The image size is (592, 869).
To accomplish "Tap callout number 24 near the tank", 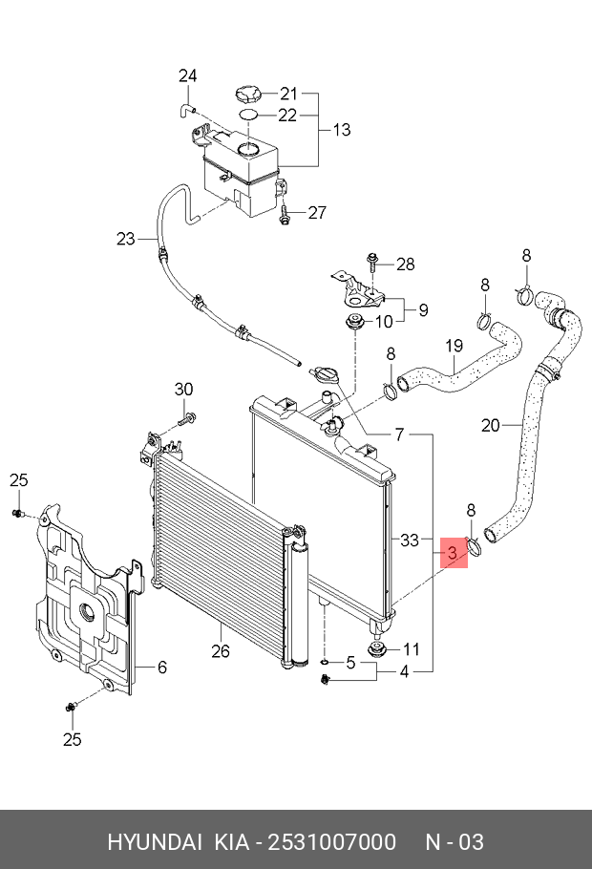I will [188, 76].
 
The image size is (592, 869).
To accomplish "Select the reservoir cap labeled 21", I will [244, 94].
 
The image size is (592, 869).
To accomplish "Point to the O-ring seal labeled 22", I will [248, 115].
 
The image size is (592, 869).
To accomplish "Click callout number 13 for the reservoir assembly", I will [341, 130].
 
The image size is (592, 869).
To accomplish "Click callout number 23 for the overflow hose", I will [127, 239].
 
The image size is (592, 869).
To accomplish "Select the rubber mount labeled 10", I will [356, 322].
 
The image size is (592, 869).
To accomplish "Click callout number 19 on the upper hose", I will [454, 345].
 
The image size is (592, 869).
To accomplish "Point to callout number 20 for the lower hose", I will [490, 426].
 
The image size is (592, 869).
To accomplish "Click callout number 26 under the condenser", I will [221, 652].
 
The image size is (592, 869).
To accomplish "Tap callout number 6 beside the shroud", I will [161, 666].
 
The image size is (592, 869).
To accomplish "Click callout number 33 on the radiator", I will [409, 540].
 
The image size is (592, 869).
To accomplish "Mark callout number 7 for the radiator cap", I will [400, 434].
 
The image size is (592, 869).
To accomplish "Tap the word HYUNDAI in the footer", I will [154, 841].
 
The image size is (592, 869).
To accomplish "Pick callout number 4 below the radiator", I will [404, 671].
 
